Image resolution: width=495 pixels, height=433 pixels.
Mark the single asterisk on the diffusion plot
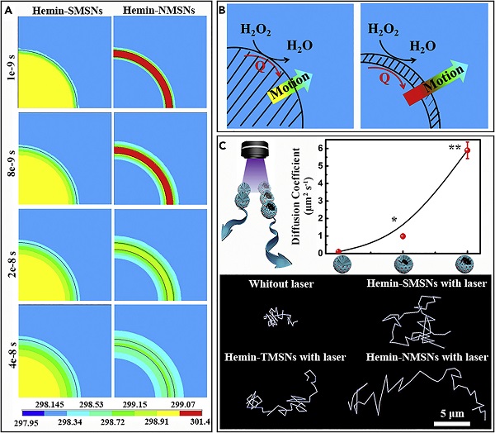coord(395,220)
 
